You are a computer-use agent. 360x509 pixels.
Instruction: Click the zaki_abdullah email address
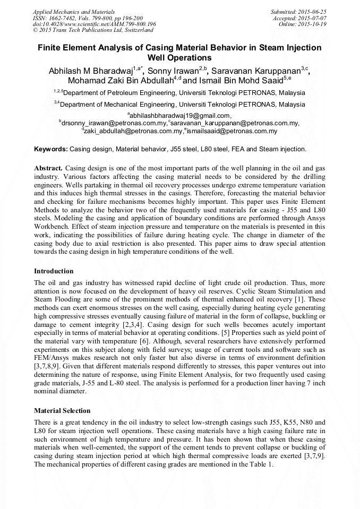(x=132, y=131)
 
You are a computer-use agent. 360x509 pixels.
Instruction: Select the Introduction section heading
(x=54, y=271)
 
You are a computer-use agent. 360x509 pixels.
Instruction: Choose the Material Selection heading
(x=62, y=410)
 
